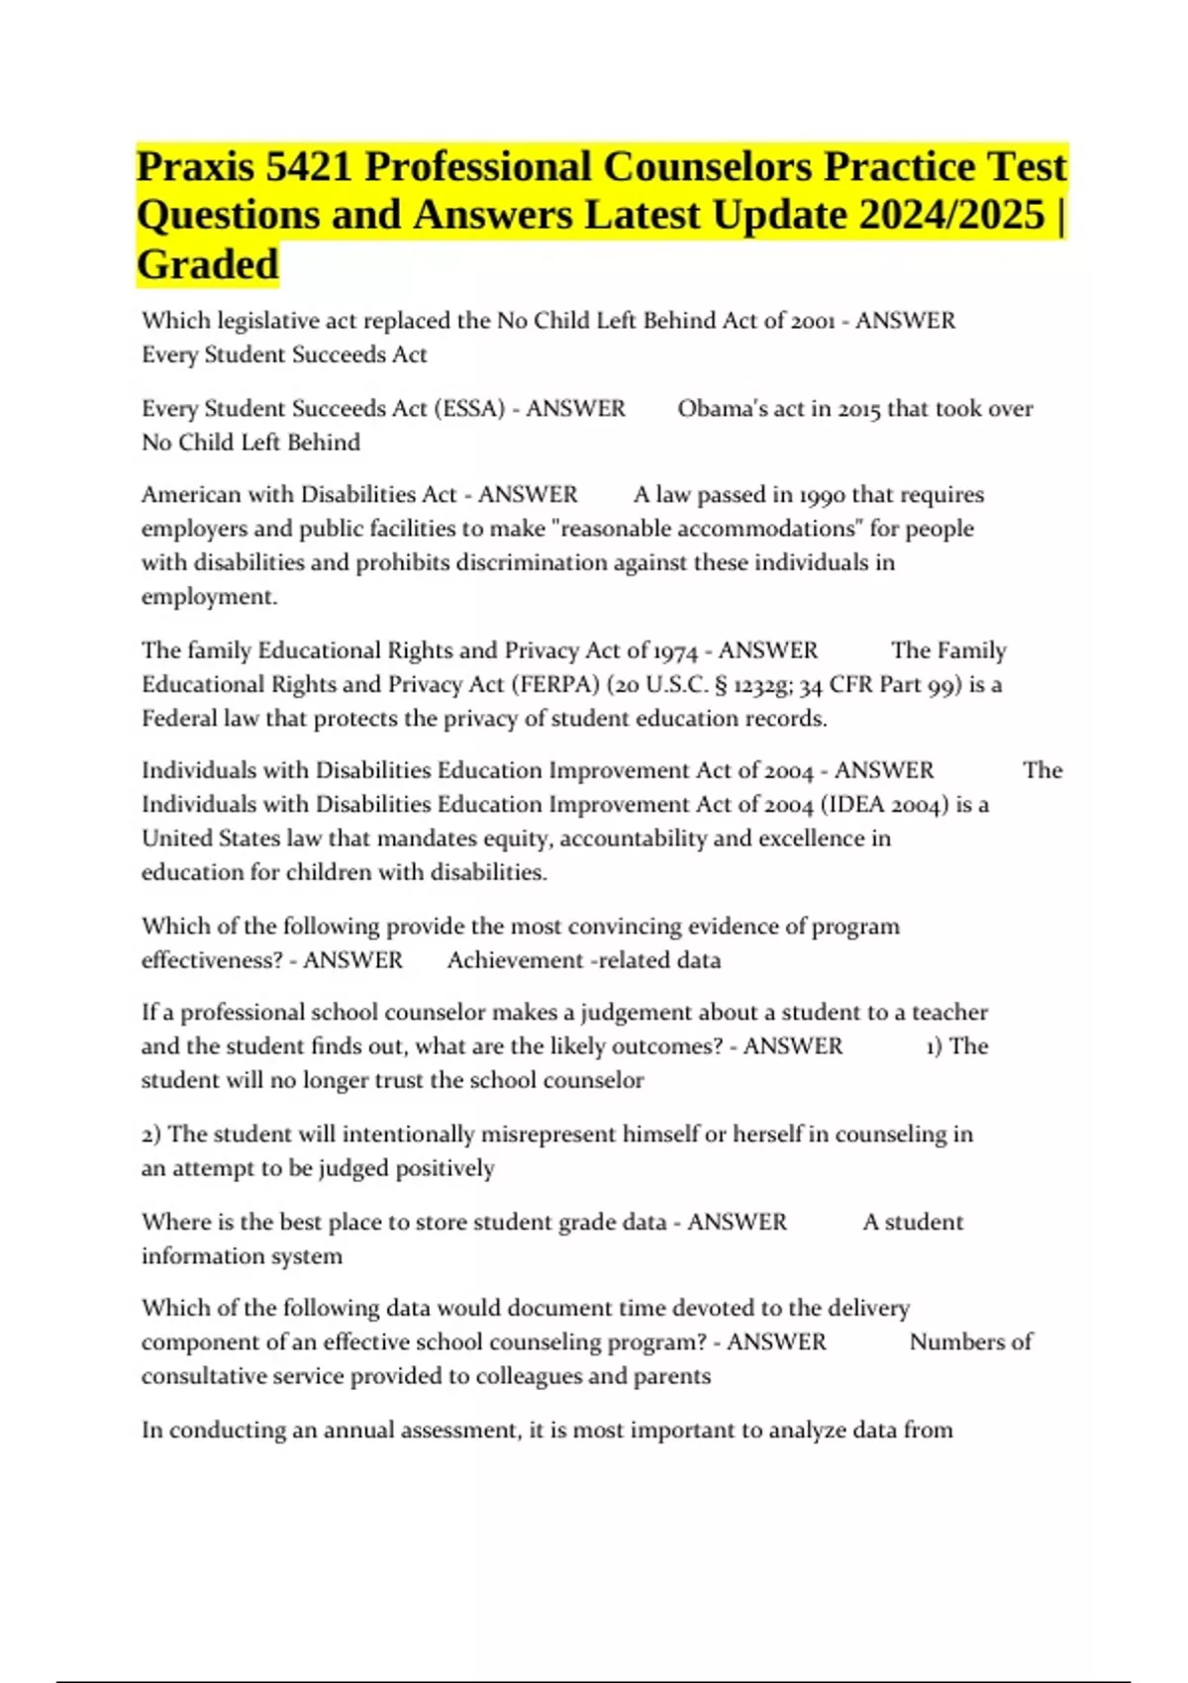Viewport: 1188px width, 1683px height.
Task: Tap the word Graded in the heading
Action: (x=208, y=264)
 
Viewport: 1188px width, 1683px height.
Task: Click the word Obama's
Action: (x=715, y=409)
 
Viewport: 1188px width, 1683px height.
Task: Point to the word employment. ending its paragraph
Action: (x=209, y=597)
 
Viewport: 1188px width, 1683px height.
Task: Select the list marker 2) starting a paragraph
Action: (x=151, y=1135)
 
